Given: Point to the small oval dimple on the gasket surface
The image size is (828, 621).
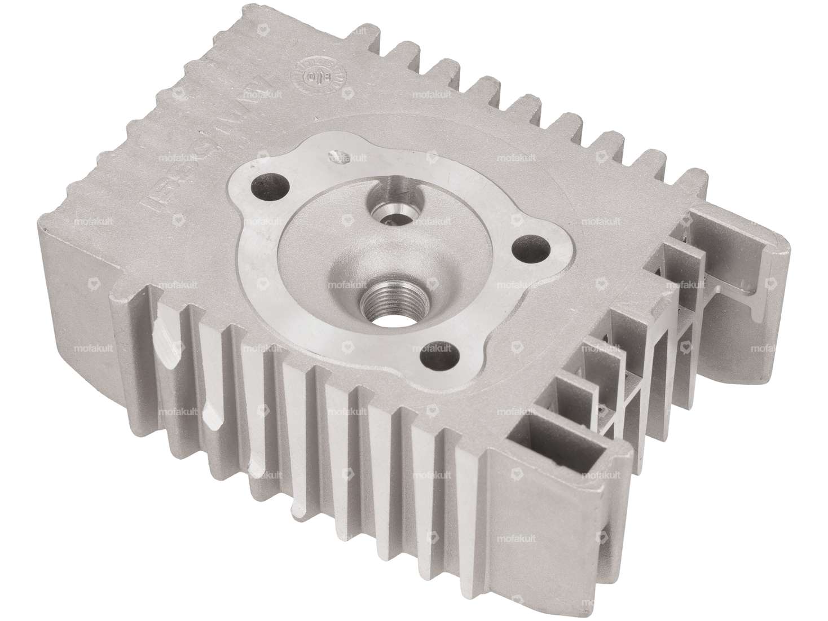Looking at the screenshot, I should pyautogui.click(x=337, y=156).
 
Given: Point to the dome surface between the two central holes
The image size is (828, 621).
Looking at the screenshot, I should pyautogui.click(x=367, y=248).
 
